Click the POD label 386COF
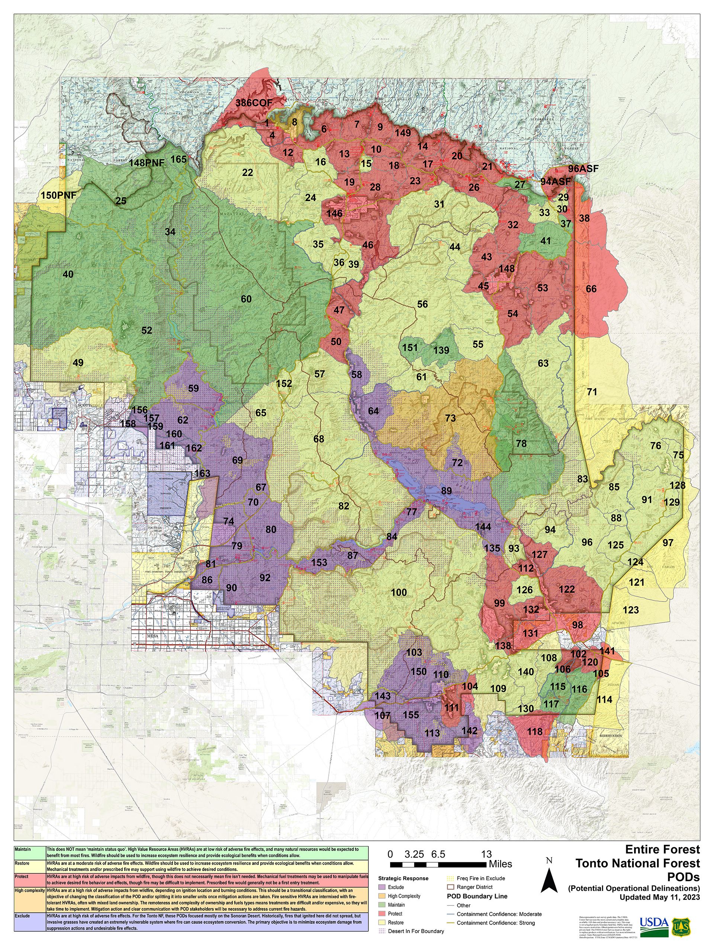point(254,103)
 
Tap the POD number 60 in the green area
point(246,299)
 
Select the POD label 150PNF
point(58,195)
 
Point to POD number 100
point(399,593)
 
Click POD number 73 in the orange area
point(450,418)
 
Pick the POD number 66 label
point(591,289)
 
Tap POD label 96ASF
point(583,169)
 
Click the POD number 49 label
point(78,363)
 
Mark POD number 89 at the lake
point(446,491)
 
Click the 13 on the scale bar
point(486,854)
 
